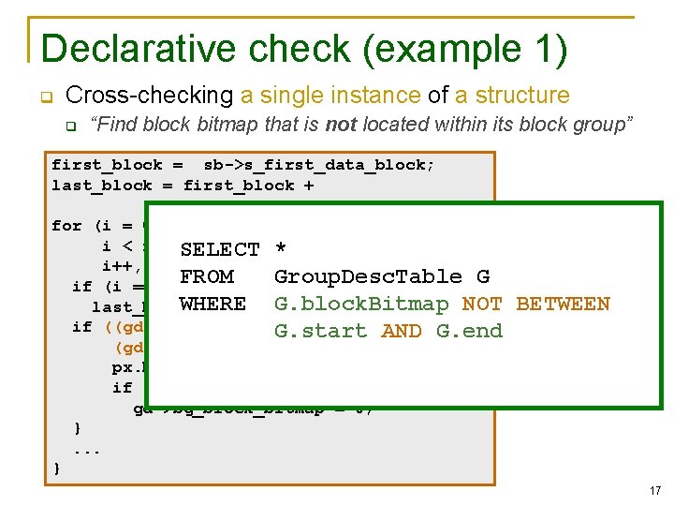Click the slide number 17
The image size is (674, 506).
[653, 489]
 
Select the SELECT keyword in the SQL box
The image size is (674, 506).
[220, 249]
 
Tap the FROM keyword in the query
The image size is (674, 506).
[206, 276]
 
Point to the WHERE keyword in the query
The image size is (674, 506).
[212, 304]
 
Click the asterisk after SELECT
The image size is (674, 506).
[281, 249]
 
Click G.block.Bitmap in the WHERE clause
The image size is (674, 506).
[361, 304]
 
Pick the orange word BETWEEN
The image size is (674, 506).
[563, 304]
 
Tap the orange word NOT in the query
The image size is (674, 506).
[482, 304]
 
